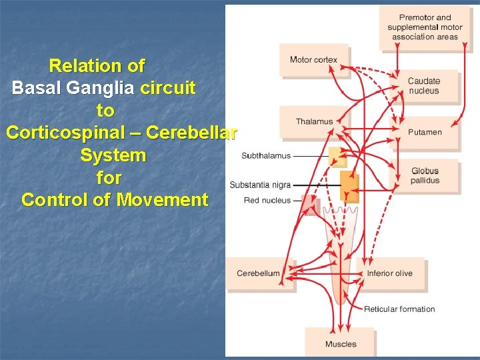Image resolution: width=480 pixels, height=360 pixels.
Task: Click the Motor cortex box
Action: coord(313,60)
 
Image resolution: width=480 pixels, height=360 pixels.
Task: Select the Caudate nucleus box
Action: coord(425,86)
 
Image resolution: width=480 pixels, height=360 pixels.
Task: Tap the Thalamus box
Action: coord(314,121)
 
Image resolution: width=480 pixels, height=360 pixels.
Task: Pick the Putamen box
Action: coord(425,132)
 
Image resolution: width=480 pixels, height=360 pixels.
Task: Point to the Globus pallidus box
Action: coord(425,175)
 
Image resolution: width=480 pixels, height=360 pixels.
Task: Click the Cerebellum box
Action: coord(258,273)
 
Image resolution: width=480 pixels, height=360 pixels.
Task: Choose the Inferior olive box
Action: coord(390,273)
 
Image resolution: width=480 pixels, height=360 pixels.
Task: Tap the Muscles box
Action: coord(340,344)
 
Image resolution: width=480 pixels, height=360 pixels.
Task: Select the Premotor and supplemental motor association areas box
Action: coord(425,27)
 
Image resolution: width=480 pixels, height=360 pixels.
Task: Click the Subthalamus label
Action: coord(266,156)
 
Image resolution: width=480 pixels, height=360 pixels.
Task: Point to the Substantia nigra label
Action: coord(261,185)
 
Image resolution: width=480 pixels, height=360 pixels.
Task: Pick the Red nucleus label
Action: coord(267,200)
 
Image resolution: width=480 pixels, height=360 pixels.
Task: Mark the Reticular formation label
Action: coord(399,309)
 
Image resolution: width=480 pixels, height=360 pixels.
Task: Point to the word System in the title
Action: coord(113,155)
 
